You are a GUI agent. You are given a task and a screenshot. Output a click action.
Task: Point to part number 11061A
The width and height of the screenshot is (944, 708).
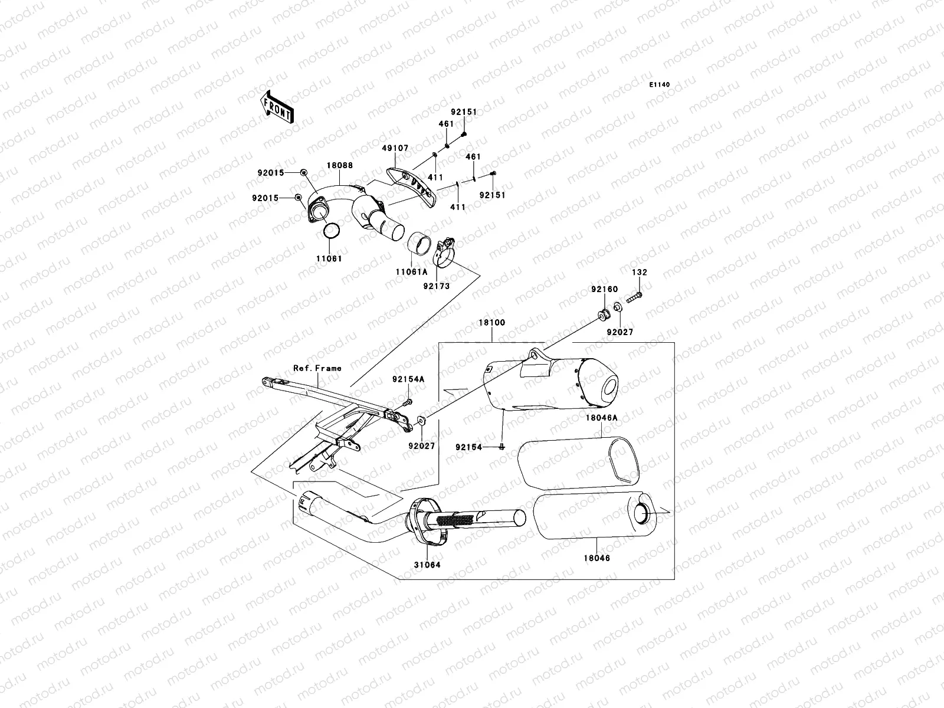click(x=411, y=271)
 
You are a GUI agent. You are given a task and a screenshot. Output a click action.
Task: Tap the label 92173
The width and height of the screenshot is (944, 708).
click(x=437, y=286)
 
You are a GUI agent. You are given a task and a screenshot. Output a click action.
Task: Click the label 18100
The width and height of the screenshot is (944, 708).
click(x=491, y=323)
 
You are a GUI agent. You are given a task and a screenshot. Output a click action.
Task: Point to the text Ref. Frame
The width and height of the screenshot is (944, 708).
click(x=317, y=368)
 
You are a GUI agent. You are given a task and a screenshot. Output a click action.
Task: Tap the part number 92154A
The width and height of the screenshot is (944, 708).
click(x=408, y=379)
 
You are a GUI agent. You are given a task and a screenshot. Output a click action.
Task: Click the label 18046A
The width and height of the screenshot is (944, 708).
click(x=602, y=418)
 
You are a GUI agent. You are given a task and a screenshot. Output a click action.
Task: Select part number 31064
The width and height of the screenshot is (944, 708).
click(x=428, y=565)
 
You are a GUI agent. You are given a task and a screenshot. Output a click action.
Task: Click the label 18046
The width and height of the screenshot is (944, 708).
click(x=598, y=558)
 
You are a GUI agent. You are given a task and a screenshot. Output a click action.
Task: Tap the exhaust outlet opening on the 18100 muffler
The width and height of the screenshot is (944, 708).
click(x=609, y=388)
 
